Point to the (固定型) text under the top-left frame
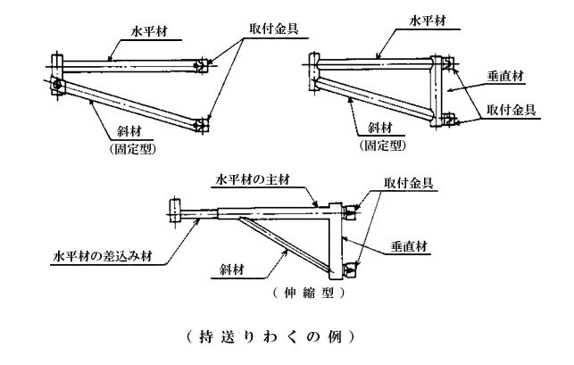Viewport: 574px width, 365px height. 135,149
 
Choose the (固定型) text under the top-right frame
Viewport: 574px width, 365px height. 382,144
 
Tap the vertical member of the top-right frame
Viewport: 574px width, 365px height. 439,89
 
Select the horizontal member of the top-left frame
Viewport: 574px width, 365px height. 125,62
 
